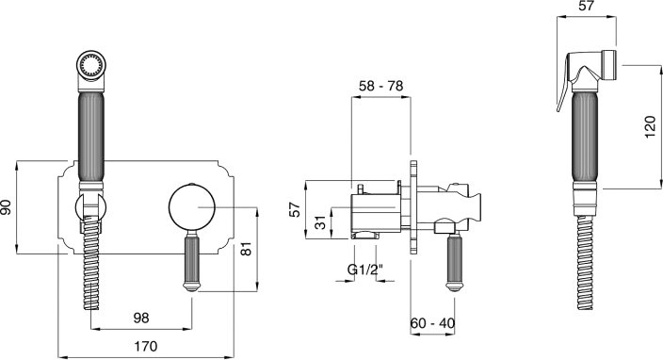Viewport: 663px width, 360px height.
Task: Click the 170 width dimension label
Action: pyautogui.click(x=145, y=346)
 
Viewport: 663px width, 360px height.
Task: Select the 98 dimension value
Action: pyautogui.click(x=141, y=318)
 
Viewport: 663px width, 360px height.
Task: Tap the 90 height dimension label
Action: pyautogui.click(x=7, y=207)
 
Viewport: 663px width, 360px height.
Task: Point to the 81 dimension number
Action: pyautogui.click(x=247, y=249)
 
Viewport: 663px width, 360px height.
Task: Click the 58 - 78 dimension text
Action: pyautogui.click(x=381, y=86)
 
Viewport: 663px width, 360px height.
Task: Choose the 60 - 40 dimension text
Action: pyautogui.click(x=432, y=323)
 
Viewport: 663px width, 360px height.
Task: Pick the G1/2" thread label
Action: pyautogui.click(x=365, y=270)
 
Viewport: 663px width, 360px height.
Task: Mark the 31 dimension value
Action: pyautogui.click(x=322, y=222)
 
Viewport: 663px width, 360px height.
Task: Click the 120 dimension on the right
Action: pyautogui.click(x=651, y=127)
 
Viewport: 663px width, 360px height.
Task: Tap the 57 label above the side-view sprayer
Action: pyautogui.click(x=586, y=6)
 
